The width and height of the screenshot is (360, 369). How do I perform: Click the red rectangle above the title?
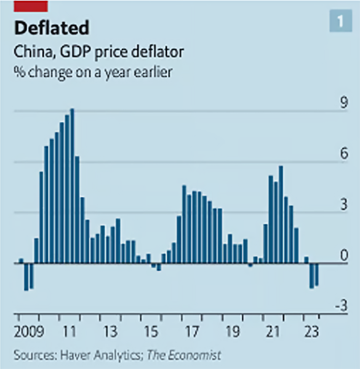click(30, 6)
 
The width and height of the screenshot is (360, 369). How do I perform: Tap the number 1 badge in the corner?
click(339, 22)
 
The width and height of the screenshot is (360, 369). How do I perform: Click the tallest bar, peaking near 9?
click(72, 184)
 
